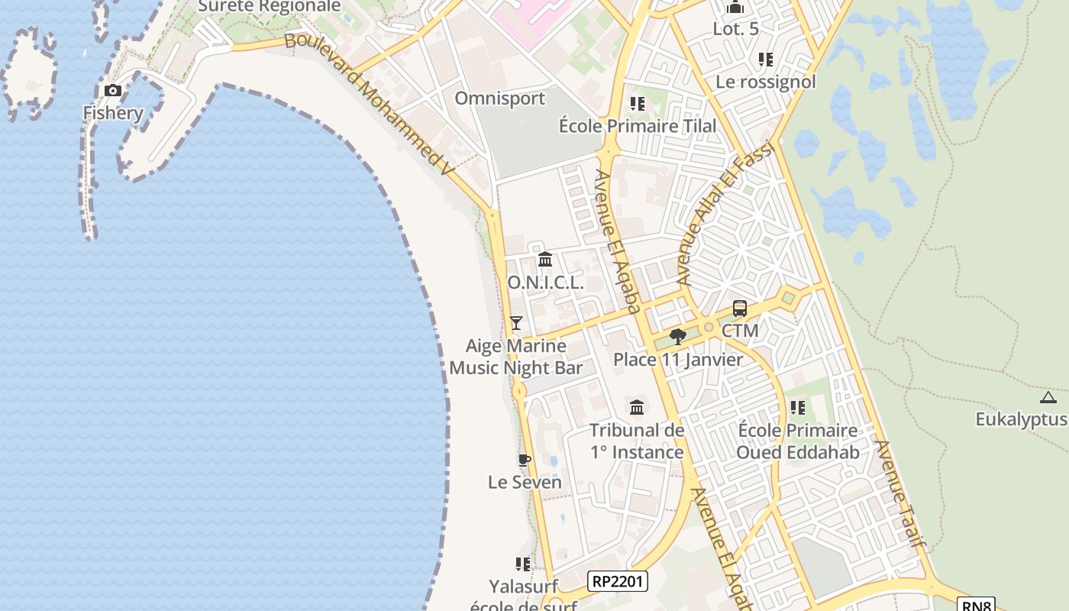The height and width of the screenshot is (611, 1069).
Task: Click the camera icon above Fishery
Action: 113,91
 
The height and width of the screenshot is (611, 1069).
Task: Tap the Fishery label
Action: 113,113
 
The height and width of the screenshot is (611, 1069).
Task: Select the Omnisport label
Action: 500,99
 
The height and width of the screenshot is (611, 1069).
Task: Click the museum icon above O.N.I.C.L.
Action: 545,260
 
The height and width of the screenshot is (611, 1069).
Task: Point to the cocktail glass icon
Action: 516,323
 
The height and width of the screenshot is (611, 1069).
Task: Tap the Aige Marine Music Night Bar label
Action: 516,357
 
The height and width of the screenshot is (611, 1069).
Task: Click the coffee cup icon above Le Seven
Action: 524,460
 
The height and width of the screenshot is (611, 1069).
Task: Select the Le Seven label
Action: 525,482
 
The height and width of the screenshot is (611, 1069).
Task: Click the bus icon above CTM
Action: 740,309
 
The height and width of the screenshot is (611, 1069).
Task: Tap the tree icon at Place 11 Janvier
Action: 677,337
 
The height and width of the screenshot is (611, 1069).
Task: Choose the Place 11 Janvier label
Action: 678,359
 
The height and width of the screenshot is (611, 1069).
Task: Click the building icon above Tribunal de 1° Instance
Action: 637,407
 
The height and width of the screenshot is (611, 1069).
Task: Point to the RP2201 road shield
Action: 618,581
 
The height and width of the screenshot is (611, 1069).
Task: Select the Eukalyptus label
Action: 1022,419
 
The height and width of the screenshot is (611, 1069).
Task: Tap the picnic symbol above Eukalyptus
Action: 1048,397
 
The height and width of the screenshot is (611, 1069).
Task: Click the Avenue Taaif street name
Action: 900,493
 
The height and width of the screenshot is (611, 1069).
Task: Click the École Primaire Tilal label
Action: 638,126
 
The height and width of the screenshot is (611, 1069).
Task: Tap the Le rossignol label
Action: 766,82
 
